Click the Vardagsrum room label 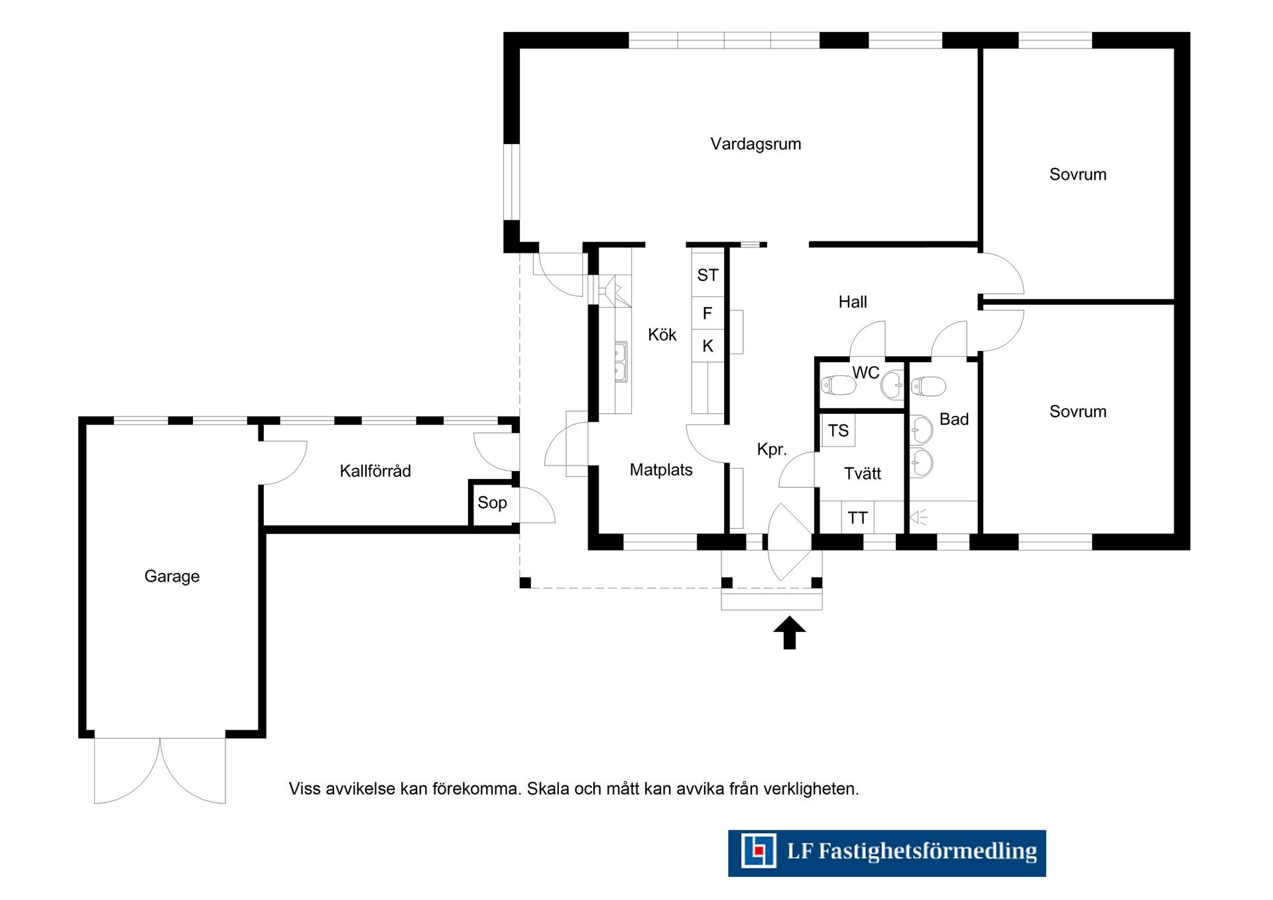pos(755,144)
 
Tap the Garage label pos(172,576)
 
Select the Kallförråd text pos(375,471)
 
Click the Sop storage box pos(493,503)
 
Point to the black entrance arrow pos(789,633)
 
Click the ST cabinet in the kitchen pos(707,275)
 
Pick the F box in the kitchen pos(707,313)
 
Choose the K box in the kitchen pos(707,346)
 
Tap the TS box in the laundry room pos(838,430)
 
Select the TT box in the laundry pos(857,517)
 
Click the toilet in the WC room pos(838,385)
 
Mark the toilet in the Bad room pos(928,386)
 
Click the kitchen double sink pos(621,362)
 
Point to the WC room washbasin pos(892,385)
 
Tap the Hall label pos(853,302)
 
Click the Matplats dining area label pos(661,470)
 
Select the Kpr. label pos(772,450)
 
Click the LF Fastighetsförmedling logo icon pos(758,851)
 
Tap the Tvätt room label pos(863,474)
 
